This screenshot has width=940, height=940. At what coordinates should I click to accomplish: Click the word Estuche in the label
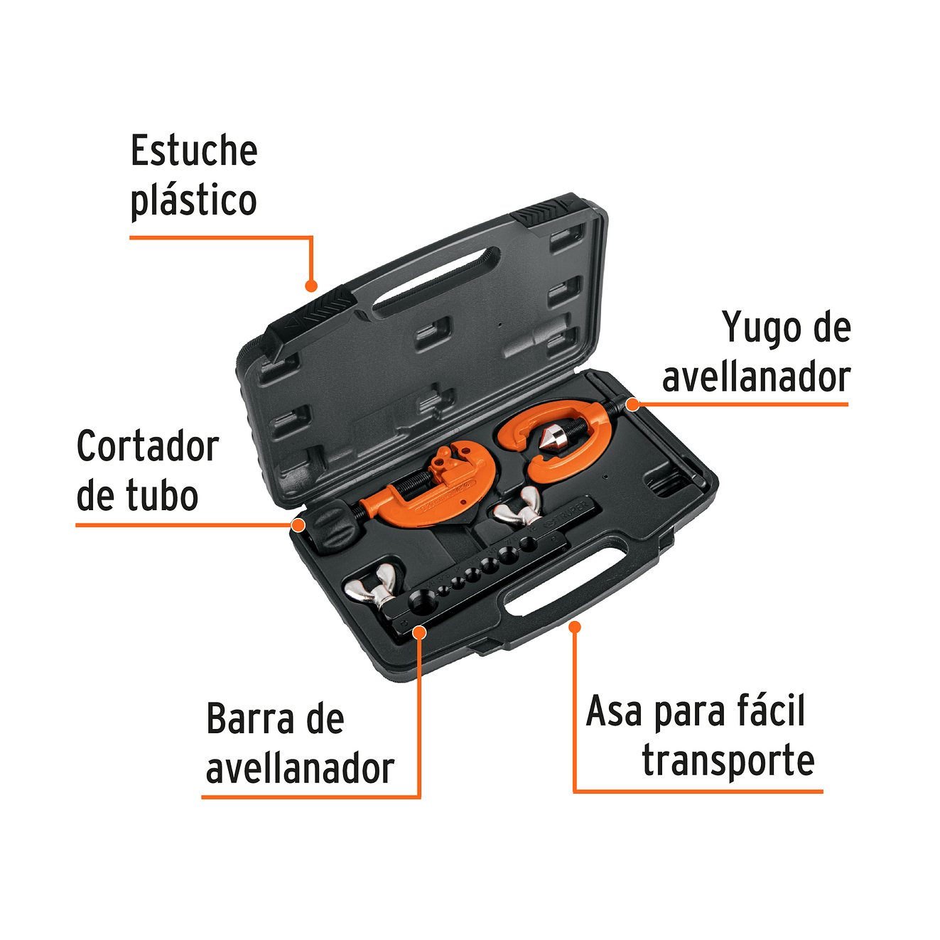(193, 151)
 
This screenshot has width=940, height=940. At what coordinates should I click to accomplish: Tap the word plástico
(193, 200)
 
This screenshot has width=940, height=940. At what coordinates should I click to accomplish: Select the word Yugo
(755, 328)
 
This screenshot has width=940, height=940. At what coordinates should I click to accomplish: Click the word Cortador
(147, 446)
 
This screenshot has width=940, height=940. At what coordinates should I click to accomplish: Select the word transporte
(728, 760)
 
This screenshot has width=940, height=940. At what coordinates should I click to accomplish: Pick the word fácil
(771, 711)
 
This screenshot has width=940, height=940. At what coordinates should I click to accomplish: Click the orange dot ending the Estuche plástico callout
(310, 286)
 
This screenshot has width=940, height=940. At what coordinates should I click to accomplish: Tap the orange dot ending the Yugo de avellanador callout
(632, 405)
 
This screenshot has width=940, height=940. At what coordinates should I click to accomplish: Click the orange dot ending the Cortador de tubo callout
(298, 525)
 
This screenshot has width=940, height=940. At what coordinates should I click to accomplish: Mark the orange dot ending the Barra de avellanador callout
(419, 632)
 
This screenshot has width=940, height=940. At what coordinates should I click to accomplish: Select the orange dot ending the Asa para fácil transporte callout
(575, 627)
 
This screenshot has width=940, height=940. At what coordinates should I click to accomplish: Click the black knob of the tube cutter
(330, 526)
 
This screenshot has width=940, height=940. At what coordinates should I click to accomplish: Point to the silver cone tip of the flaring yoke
(551, 438)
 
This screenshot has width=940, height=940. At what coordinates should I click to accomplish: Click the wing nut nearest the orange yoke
(519, 507)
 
